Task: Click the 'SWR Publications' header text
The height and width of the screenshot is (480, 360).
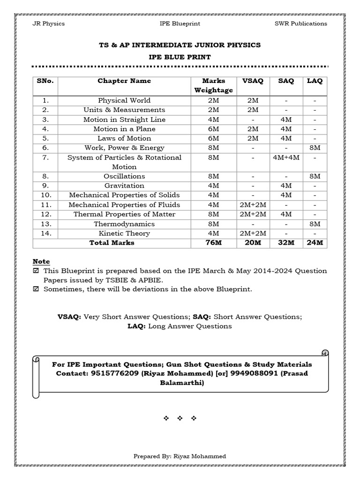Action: point(300,23)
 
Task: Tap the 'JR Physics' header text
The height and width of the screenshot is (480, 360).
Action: point(48,23)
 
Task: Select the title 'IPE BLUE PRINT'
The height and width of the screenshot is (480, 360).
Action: point(180,57)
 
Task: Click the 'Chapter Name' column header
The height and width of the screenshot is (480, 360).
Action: point(124,81)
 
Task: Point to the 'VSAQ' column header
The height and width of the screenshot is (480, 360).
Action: point(253,81)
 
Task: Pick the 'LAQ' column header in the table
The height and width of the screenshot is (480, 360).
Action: point(315,81)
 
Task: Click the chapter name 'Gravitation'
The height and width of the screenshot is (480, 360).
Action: point(124,186)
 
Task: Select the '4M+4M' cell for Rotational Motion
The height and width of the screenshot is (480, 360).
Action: point(286,157)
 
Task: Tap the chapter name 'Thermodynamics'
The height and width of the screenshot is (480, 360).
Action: point(124,224)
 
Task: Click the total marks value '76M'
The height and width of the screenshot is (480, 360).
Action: point(213,243)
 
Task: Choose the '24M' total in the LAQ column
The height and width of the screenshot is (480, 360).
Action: point(315,243)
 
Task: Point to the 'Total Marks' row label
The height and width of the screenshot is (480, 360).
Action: point(112,243)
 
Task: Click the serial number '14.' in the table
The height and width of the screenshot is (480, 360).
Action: point(45,233)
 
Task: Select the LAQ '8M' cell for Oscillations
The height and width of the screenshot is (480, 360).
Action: point(315,176)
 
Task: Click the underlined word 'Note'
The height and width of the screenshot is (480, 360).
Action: point(41,261)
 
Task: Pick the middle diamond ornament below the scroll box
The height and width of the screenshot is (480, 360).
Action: point(180,418)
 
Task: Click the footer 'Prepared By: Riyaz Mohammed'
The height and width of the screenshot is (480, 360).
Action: point(180,456)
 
